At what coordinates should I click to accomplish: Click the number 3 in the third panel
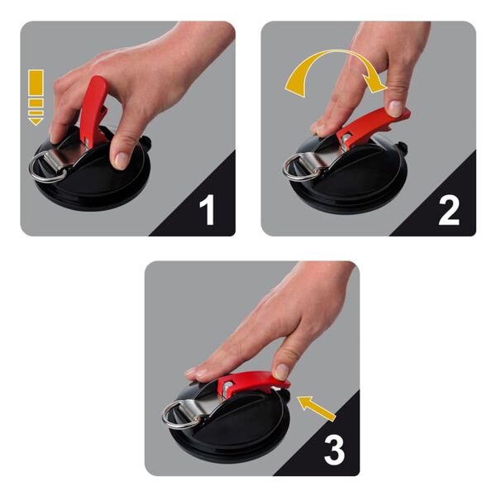334,448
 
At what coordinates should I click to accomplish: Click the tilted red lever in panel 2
376,124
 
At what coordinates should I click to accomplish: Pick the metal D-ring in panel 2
296,169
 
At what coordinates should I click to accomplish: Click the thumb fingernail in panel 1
122,159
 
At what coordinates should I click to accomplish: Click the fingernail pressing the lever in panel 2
396,108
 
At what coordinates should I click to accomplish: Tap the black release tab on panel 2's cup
404,149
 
